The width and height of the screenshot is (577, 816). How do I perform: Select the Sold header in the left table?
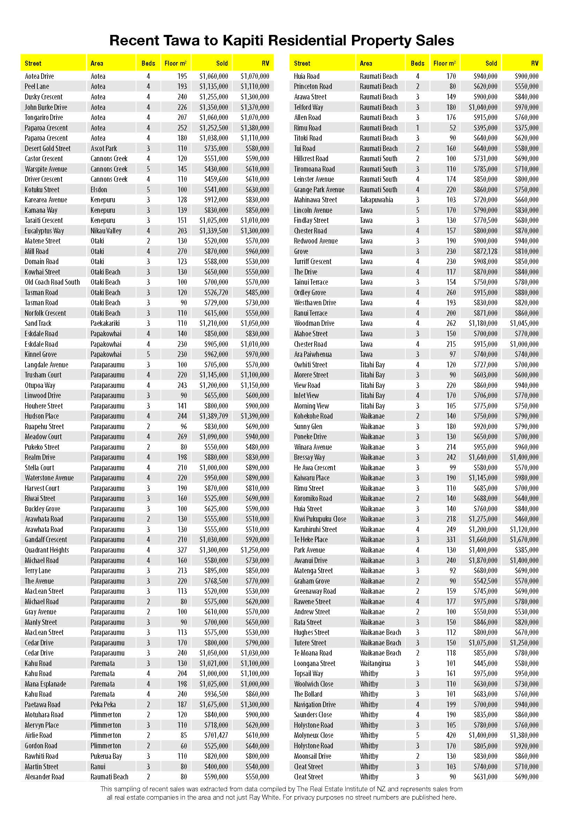(x=222, y=63)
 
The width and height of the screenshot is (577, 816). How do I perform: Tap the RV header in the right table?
(x=534, y=63)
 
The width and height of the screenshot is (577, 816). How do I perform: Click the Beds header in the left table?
(x=148, y=63)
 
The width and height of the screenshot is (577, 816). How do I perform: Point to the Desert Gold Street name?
(x=47, y=149)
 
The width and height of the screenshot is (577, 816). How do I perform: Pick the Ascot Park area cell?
(x=104, y=149)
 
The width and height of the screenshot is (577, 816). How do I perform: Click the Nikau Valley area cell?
(x=106, y=231)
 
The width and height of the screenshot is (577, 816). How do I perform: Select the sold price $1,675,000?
(x=213, y=704)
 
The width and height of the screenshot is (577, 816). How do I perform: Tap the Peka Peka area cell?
(x=103, y=704)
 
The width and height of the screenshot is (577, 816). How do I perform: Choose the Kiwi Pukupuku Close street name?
(x=320, y=519)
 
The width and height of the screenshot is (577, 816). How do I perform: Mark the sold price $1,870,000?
(x=483, y=561)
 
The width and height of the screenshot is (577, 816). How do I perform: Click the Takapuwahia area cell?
(x=376, y=200)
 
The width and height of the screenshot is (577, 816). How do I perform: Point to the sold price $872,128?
(x=485, y=251)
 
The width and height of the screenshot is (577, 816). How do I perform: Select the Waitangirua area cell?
(x=375, y=663)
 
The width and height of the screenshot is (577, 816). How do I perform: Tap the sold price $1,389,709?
(x=213, y=416)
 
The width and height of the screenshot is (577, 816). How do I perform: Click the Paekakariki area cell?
(x=105, y=323)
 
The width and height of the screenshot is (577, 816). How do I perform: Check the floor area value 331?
(x=451, y=539)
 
